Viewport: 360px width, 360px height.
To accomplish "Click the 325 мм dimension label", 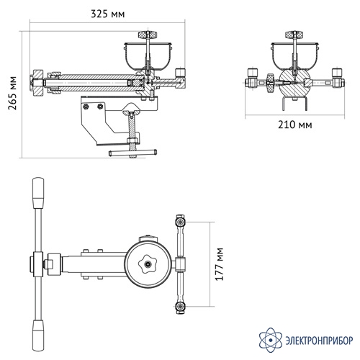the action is [108, 14].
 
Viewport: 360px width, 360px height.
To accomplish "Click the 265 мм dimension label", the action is [12, 93].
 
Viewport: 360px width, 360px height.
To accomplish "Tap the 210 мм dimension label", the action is [295, 125].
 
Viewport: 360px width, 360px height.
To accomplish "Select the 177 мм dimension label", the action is [219, 264].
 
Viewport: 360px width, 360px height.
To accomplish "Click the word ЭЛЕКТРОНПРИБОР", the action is [319, 340].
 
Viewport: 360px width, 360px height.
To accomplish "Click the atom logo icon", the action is [271, 340].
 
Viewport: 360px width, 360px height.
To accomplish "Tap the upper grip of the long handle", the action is [38, 193].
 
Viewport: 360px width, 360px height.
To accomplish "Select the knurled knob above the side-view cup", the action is [148, 35].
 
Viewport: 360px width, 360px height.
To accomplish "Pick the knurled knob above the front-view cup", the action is [294, 35].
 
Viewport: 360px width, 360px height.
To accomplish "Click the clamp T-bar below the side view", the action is [132, 153].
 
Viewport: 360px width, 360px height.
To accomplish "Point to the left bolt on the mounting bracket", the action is [86, 107].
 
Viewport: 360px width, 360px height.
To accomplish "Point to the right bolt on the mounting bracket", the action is [100, 107].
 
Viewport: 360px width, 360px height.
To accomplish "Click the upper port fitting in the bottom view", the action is [180, 222].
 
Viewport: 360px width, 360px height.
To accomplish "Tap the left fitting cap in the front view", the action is [253, 72].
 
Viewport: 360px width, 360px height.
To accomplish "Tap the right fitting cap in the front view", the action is [337, 72].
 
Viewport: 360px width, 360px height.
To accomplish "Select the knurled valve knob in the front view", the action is [270, 83].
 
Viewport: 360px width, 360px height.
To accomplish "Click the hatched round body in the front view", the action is [294, 84].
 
